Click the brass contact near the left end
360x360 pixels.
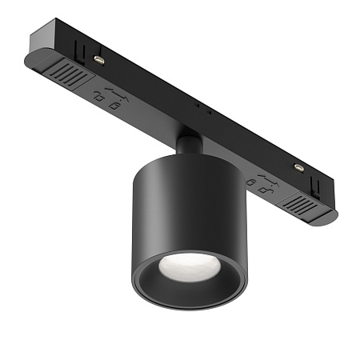pos(98,59)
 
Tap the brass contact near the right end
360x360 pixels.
pos(298,166)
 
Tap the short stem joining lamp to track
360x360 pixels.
pos(189,146)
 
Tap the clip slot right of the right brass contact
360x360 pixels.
pos(314,176)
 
